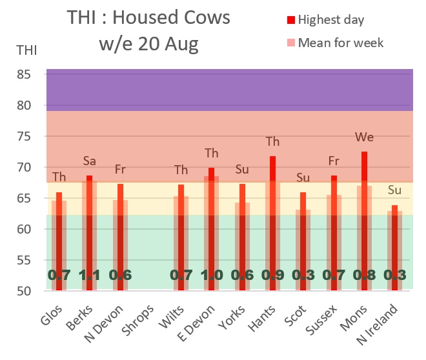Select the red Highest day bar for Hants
click(x=272, y=223)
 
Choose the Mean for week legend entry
click(x=340, y=43)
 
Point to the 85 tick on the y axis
click(x=30, y=74)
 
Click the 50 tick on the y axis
click(x=30, y=291)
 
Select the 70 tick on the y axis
click(x=30, y=167)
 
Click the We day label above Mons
click(x=364, y=137)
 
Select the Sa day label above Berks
click(x=90, y=161)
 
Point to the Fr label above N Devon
click(x=120, y=170)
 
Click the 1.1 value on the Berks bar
click(x=90, y=275)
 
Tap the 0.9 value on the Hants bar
click(x=272, y=275)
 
